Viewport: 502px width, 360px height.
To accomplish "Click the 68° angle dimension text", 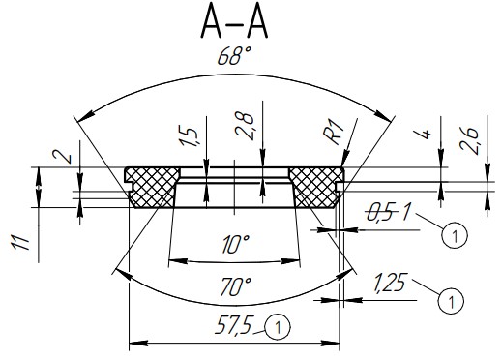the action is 235,56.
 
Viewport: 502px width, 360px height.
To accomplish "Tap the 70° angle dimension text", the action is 236,286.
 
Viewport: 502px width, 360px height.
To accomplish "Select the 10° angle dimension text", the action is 236,244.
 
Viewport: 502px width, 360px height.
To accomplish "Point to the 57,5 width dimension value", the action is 233,324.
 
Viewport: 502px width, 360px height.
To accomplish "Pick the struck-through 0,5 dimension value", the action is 381,213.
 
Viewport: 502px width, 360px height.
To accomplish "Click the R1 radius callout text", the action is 335,132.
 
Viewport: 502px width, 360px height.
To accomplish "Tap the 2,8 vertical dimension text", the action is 245,126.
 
